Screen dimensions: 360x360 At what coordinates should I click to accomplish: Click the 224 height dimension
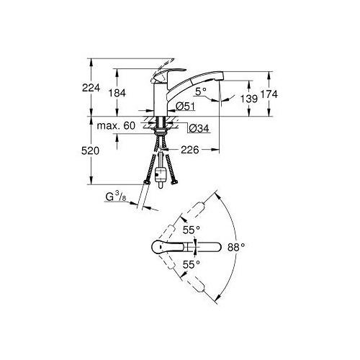tap(91, 88)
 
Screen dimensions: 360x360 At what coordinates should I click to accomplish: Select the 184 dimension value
tap(117, 93)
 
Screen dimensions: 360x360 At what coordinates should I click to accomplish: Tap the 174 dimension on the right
tap(269, 94)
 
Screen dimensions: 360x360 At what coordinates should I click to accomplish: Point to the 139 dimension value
tap(249, 99)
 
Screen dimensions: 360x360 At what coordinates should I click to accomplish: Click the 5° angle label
tap(201, 91)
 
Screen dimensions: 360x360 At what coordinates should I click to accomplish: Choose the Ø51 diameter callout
tap(185, 106)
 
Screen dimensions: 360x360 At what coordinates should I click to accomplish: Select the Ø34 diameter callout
tap(199, 128)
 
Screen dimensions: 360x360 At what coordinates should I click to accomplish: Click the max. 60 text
tap(116, 125)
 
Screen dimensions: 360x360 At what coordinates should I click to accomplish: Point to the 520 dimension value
tap(90, 150)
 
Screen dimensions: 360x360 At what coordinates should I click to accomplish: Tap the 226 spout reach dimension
tap(190, 150)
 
